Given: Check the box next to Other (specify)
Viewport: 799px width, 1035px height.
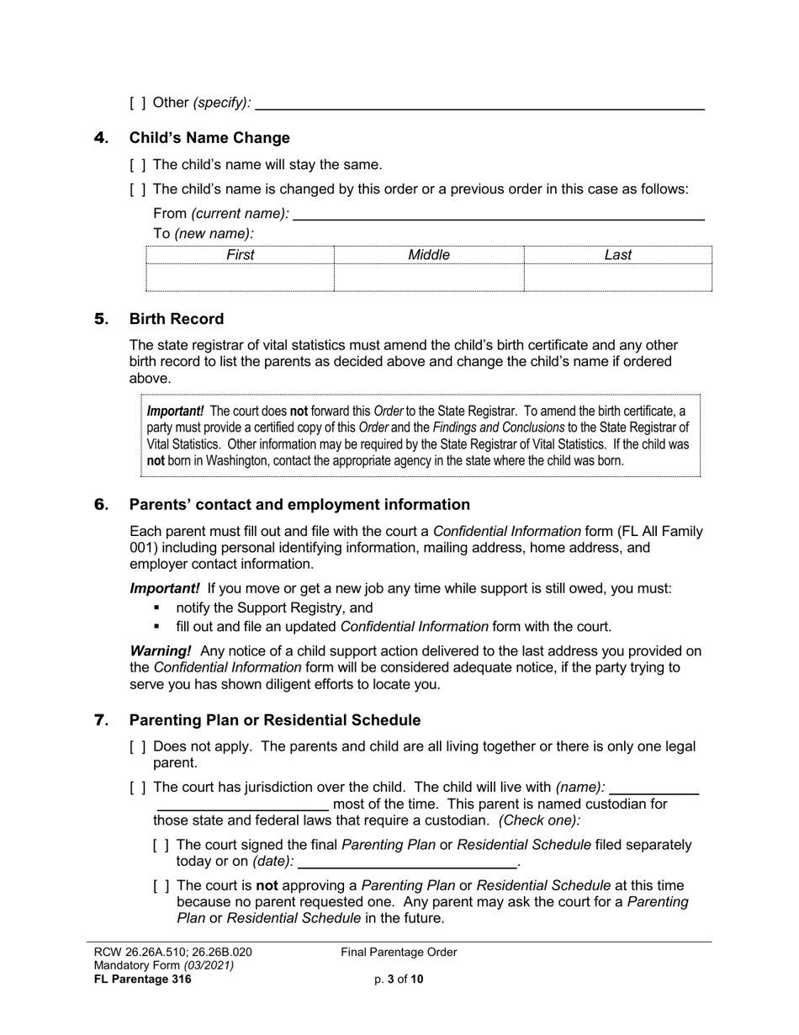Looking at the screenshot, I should point(138,103).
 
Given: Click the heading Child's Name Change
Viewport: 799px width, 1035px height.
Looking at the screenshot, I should point(209,138).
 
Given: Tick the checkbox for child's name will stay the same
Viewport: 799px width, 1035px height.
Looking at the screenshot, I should point(138,165).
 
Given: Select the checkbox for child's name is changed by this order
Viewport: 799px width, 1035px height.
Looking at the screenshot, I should point(138,189).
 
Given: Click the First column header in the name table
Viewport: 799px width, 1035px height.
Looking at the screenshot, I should point(240,255).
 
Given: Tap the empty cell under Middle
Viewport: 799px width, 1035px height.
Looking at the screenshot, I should point(429,277).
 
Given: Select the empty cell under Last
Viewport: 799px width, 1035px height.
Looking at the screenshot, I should point(617,277).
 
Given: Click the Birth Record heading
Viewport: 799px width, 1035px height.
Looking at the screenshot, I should point(176,319).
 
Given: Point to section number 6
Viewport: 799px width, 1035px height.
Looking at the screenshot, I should point(101,505).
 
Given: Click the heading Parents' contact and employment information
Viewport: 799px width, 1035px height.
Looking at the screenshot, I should point(299,505).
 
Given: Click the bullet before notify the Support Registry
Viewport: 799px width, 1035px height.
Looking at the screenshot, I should point(156,608).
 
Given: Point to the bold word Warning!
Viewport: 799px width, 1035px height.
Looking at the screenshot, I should point(160,650).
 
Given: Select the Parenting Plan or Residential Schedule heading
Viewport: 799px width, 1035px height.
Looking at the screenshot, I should point(274,720).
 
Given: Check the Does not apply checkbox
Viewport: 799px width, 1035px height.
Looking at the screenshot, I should point(138,746).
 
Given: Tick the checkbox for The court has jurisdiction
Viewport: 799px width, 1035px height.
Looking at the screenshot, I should point(138,788).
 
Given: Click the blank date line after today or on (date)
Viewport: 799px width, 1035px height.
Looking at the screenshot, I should point(407,862).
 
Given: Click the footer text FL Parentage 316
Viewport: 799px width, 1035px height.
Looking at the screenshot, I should point(142,979).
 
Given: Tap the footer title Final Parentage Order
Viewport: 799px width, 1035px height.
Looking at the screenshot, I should point(399,953).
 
